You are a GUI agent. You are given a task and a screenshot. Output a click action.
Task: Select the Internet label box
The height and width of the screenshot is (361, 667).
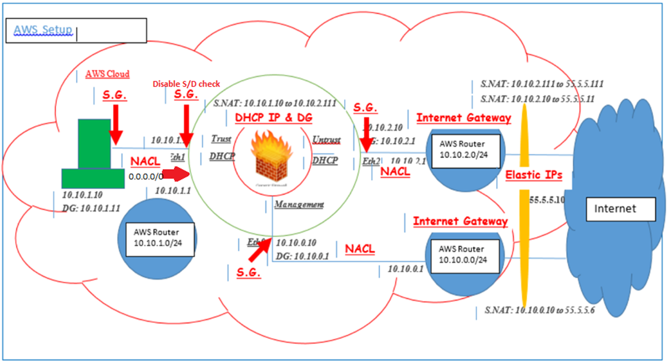(x=615, y=209)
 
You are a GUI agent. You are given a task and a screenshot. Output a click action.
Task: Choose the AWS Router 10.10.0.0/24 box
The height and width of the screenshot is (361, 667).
(x=463, y=254)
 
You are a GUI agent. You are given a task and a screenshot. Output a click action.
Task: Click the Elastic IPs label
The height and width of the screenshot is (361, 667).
(x=533, y=175)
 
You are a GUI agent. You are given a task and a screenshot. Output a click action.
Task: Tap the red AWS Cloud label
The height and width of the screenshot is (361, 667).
(x=107, y=74)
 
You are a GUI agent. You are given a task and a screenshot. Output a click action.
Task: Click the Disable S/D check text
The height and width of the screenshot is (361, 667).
(x=190, y=83)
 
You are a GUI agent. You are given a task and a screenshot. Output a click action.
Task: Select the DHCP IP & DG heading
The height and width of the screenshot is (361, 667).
(x=274, y=118)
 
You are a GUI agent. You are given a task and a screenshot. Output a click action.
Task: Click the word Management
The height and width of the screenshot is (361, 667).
(x=299, y=204)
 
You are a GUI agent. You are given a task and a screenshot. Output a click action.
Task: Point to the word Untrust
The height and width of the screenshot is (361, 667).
(x=327, y=139)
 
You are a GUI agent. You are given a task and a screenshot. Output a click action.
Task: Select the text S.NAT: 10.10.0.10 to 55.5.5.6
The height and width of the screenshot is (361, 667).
(x=539, y=310)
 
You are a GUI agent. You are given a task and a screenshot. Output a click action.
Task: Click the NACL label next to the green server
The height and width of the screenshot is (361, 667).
(x=145, y=162)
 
